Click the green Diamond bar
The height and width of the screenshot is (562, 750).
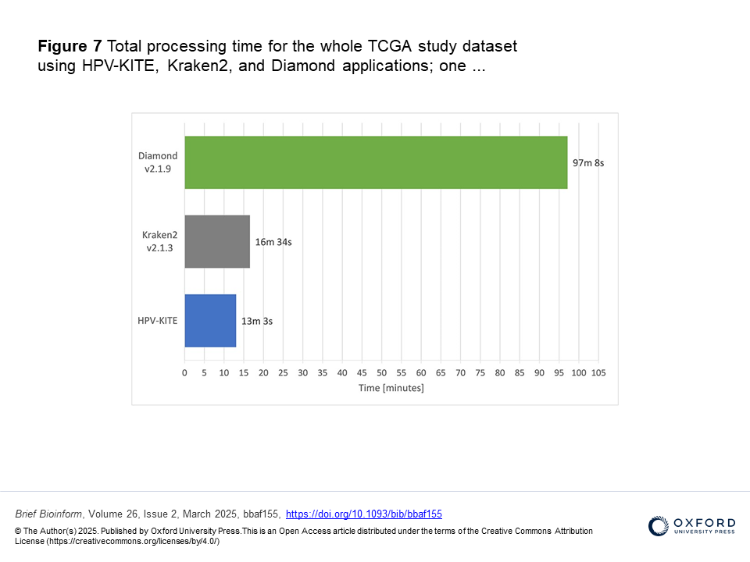pos(376,162)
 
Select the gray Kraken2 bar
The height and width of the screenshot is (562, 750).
pos(217,242)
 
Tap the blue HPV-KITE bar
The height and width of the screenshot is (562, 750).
pos(210,321)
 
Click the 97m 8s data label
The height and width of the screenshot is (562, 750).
pos(588,163)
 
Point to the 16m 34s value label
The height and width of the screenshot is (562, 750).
pos(273,242)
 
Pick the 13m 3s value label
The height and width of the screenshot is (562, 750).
pos(257,321)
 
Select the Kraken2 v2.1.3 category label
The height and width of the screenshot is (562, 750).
pos(159,241)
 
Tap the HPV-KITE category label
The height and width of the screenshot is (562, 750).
pos(158,321)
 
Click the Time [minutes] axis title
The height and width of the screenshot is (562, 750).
pos(391,388)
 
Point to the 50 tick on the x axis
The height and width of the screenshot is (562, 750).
pos(381,373)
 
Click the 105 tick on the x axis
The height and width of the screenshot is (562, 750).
pos(598,373)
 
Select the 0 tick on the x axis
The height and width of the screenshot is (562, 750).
pos(184,373)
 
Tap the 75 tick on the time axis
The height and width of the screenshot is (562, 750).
pos(480,373)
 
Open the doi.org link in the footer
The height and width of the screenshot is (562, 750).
pos(364,514)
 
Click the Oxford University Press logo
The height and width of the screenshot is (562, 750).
pos(691,525)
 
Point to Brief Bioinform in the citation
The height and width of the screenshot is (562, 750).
pos(49,514)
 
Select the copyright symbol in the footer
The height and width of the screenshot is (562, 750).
pos(19,531)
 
